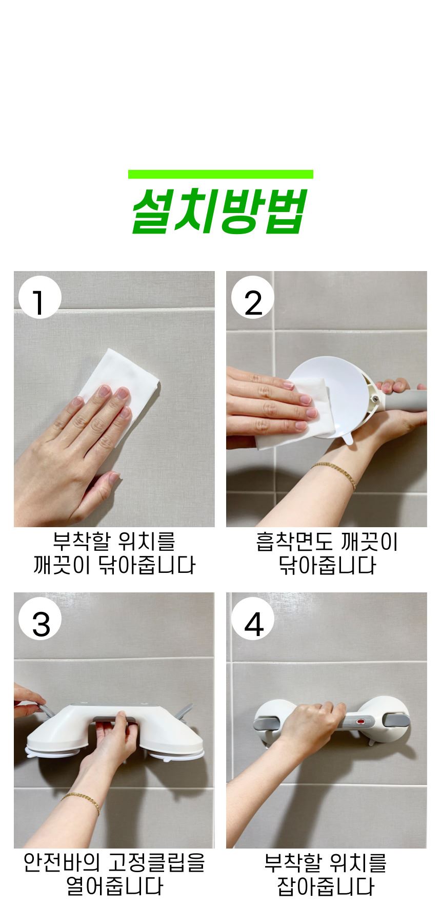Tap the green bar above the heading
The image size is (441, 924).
[x=221, y=174]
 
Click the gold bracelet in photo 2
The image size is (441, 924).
[x=335, y=473]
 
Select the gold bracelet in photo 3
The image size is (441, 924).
[x=81, y=802]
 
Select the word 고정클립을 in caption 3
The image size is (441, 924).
[x=157, y=863]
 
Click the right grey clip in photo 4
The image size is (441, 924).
[x=398, y=718]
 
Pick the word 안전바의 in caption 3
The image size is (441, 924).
[x=63, y=863]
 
